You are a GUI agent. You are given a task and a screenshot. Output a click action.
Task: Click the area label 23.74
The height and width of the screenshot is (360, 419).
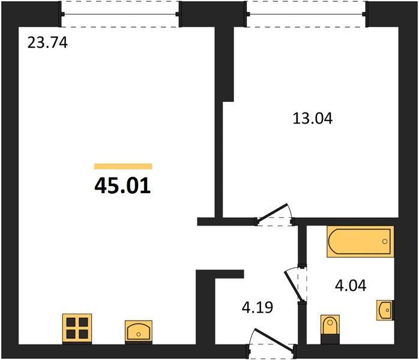click(x=47, y=43)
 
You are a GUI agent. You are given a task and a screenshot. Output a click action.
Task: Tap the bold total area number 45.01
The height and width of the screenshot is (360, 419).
click(x=122, y=186)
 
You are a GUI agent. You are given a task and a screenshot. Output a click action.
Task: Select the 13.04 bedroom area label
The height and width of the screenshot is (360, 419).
click(x=313, y=118)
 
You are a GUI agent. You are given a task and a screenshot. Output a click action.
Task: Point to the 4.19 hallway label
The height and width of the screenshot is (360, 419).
click(x=258, y=307)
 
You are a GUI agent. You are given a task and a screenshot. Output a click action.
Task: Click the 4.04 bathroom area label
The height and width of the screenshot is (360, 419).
click(x=351, y=285)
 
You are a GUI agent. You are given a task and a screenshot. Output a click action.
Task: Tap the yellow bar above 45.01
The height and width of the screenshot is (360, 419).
click(x=123, y=166)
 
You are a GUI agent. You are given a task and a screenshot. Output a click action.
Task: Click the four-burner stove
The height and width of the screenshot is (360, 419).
click(x=77, y=328)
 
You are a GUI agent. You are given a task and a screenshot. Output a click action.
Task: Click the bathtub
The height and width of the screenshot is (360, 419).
click(x=360, y=241)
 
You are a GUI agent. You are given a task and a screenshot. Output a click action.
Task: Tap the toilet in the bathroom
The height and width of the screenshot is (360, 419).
click(x=330, y=329)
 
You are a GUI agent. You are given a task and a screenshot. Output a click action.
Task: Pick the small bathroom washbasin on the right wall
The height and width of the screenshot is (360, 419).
click(x=385, y=310)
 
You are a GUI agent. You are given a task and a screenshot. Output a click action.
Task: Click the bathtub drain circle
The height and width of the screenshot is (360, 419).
click(x=385, y=241)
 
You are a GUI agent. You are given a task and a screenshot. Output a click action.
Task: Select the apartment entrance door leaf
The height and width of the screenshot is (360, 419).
click(x=274, y=340)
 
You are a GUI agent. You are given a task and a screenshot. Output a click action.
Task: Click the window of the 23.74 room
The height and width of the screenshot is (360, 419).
click(x=120, y=14)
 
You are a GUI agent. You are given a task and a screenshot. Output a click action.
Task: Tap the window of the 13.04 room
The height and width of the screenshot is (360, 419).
click(x=307, y=14)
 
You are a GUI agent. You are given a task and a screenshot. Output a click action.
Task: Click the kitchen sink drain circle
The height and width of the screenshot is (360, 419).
click(x=139, y=334)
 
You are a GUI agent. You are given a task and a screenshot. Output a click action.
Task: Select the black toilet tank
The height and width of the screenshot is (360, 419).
click(x=330, y=338)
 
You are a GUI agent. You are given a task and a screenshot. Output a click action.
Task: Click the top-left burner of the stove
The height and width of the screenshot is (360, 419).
click(x=71, y=322)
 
